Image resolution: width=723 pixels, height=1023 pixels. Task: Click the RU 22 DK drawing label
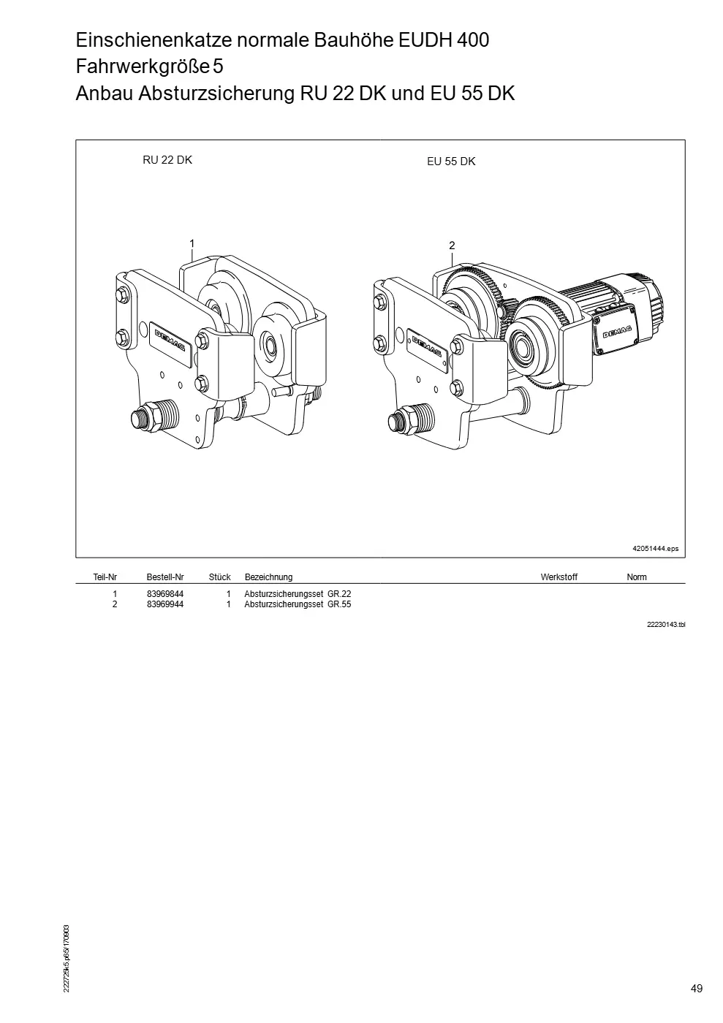(x=167, y=160)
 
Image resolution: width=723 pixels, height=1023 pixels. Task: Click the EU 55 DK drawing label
(x=451, y=161)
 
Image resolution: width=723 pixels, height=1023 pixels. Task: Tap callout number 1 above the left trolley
(x=192, y=244)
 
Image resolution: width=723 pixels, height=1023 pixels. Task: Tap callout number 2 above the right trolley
(x=452, y=246)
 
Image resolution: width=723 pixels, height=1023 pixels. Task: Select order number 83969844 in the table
(x=165, y=593)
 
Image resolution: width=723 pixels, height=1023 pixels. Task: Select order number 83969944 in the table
(x=165, y=604)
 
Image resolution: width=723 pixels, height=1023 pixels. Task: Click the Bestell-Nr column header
(x=165, y=577)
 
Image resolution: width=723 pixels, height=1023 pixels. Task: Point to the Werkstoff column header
(x=559, y=577)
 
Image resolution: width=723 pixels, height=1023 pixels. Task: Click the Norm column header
(x=637, y=577)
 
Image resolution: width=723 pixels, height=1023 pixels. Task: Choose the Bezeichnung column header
(x=268, y=577)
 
